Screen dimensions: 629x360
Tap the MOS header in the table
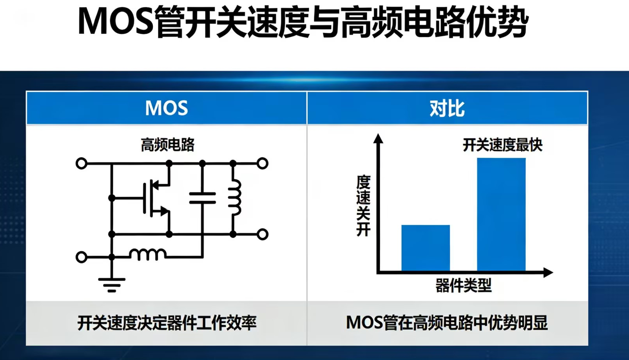click(167, 108)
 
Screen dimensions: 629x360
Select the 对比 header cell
click(447, 108)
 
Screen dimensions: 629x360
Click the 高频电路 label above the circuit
click(168, 145)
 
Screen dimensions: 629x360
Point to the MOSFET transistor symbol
click(156, 198)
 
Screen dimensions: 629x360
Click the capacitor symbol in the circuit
click(203, 198)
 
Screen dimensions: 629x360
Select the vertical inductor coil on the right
click(235, 198)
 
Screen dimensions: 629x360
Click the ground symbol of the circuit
click(112, 285)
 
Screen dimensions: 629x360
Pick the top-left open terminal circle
click(82, 163)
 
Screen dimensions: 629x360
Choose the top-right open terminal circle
click(263, 163)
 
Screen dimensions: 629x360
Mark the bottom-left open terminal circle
click(82, 257)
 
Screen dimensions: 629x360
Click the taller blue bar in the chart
click(501, 215)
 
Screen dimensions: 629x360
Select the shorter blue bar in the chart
click(426, 248)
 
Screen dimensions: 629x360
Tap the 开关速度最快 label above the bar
click(502, 145)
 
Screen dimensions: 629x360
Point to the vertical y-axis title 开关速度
click(363, 206)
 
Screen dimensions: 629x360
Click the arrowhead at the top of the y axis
click(378, 138)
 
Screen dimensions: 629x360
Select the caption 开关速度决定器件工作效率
click(167, 323)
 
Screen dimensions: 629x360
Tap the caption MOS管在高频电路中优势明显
click(447, 323)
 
